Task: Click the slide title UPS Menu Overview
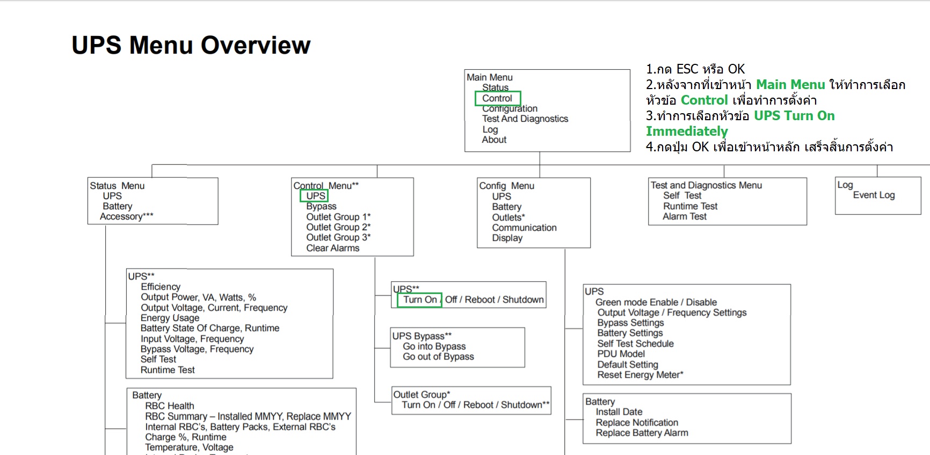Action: (x=191, y=45)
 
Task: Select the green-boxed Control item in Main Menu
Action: (x=497, y=98)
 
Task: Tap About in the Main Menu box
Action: (x=494, y=140)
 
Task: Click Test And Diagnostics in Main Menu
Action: (x=525, y=119)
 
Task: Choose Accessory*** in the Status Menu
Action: (x=127, y=216)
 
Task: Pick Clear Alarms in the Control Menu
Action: (x=333, y=248)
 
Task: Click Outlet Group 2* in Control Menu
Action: (x=338, y=227)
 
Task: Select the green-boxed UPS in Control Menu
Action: (x=315, y=196)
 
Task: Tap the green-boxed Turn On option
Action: (x=419, y=300)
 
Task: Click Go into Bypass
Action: (x=434, y=347)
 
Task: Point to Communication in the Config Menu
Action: (x=524, y=227)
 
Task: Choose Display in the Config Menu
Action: (x=507, y=238)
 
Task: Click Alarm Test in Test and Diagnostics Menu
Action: (x=685, y=216)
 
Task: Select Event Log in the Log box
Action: (x=874, y=195)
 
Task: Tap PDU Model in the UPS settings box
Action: (x=621, y=354)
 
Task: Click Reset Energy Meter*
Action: (x=640, y=375)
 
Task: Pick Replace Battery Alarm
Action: (x=642, y=432)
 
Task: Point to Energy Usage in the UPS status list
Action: (x=170, y=318)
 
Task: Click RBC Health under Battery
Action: (x=170, y=406)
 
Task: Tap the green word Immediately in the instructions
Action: (x=687, y=131)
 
